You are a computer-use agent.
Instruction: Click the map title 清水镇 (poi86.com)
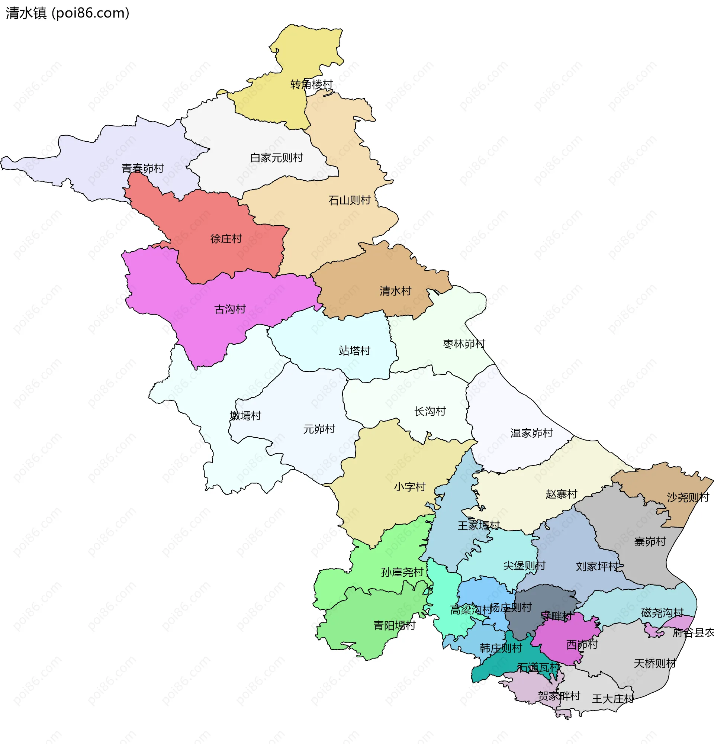pos(68,13)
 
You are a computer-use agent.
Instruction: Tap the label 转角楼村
pos(311,85)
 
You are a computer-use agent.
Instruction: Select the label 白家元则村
pos(276,158)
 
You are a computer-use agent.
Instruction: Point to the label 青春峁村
pos(142,168)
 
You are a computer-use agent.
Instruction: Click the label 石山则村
pos(349,200)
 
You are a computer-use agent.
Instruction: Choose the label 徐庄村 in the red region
pos(226,239)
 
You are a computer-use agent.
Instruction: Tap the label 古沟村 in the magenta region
pos(230,309)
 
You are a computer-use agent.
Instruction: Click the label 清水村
pos(396,291)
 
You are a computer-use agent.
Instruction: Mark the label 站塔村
pos(354,351)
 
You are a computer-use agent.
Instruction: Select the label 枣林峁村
pos(464,344)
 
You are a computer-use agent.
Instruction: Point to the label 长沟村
pos(430,412)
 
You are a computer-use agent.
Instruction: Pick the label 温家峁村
pos(531,433)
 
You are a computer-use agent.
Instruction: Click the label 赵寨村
pos(561,494)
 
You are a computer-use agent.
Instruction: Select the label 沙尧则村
pos(688,497)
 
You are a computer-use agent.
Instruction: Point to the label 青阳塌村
pos(395,625)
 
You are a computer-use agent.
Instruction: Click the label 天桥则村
pos(655,664)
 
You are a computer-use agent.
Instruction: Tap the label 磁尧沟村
pos(662,613)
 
